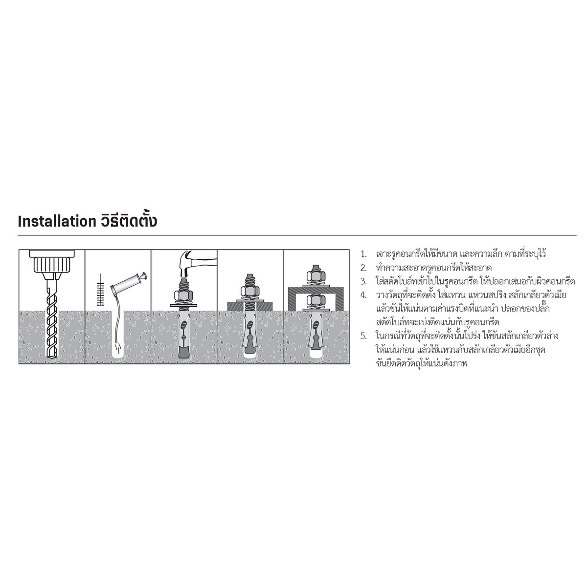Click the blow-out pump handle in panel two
(129, 283)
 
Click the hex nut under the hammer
(184, 295)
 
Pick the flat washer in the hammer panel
(184, 305)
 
